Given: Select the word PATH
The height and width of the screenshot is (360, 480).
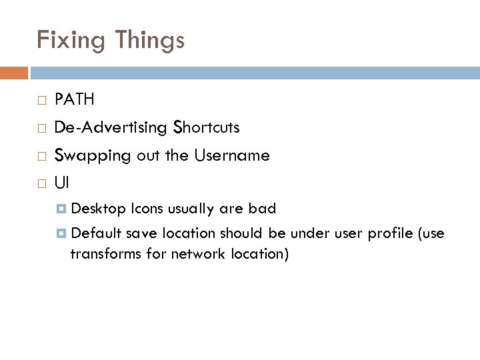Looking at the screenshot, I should (75, 100).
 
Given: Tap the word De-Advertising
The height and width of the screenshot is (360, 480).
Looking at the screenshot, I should (111, 127).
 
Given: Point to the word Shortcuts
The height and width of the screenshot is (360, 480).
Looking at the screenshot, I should (207, 127).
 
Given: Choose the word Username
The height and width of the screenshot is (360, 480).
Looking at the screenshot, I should (233, 155).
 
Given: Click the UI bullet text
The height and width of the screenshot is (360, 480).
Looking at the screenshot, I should (61, 183).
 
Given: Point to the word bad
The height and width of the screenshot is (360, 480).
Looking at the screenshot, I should (262, 209).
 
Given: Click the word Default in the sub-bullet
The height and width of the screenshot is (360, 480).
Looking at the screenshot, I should (95, 233).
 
